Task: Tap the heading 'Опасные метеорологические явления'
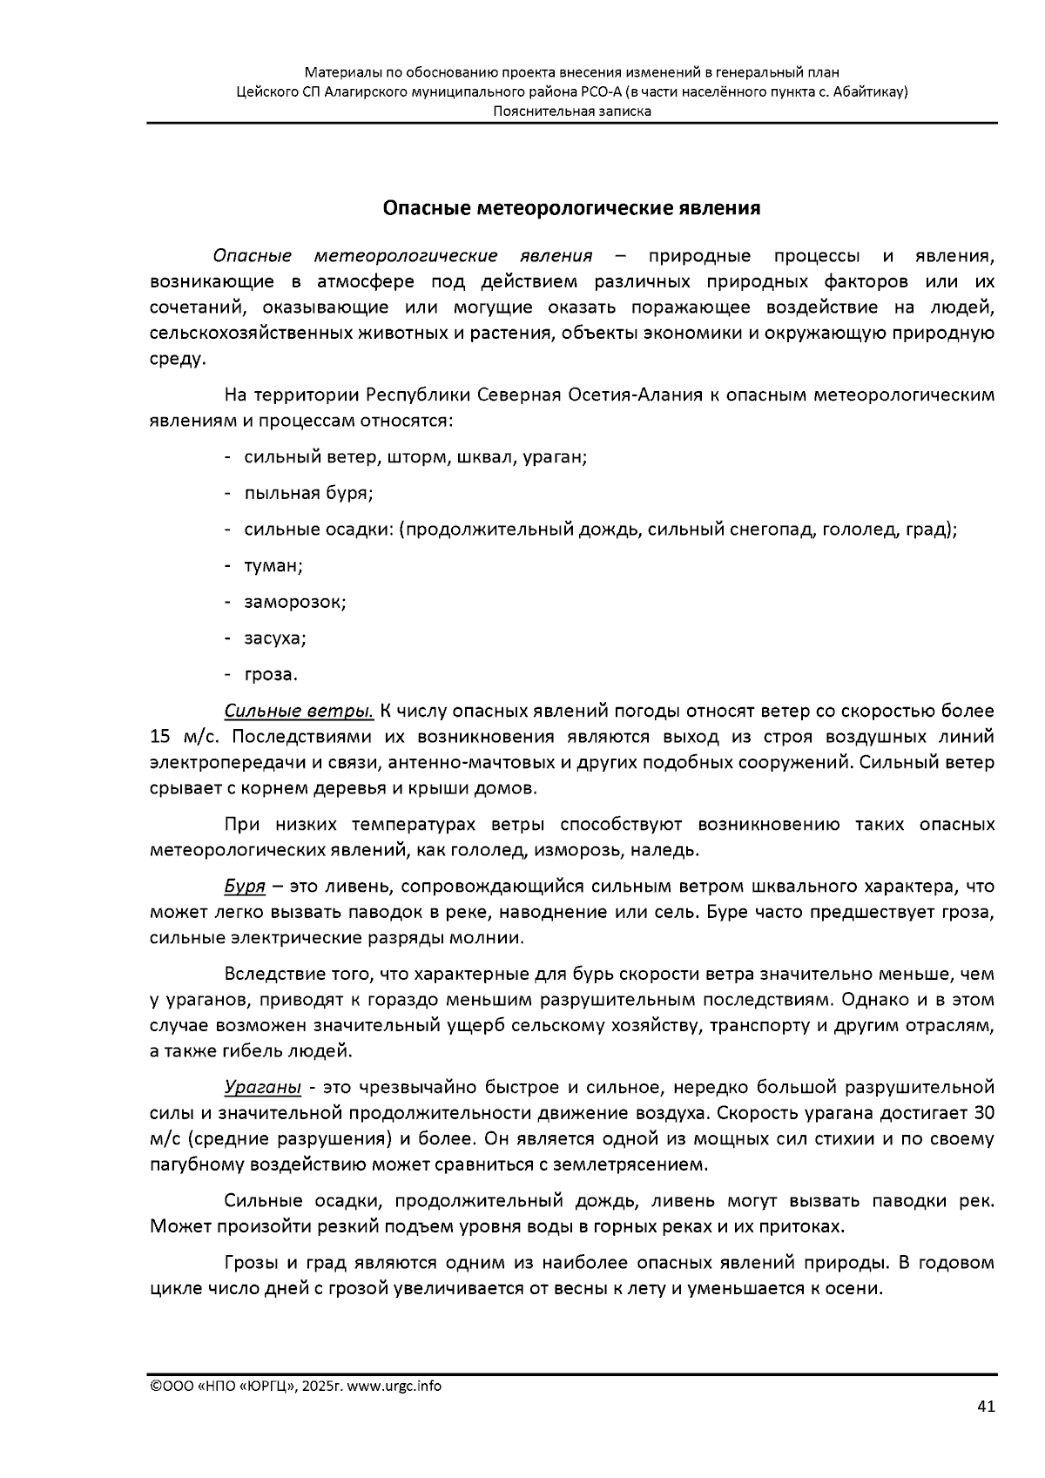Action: pos(572,209)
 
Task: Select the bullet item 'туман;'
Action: pos(273,566)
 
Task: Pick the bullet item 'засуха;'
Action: pos(275,638)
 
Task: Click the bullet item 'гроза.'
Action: pos(271,675)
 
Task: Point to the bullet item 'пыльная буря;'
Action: pos(308,494)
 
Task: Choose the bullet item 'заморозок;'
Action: pos(295,603)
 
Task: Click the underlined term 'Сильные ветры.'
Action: pos(299,712)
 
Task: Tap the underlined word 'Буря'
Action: pos(244,887)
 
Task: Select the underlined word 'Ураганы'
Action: pos(263,1088)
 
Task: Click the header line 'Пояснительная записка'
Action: pos(572,111)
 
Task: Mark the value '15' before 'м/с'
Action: pos(160,738)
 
